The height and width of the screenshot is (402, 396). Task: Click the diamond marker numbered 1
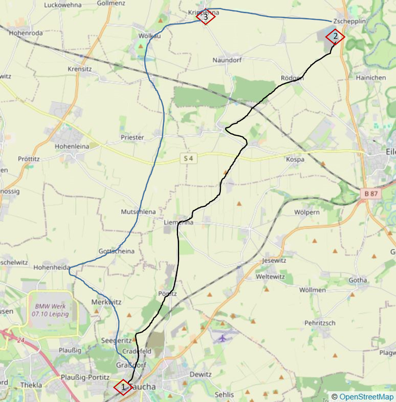point(123,387)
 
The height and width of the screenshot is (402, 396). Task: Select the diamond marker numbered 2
point(335,37)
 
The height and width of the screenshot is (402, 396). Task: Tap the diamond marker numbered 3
point(205,17)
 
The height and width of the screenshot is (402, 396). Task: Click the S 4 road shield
point(188,158)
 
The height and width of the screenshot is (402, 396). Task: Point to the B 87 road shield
point(371,193)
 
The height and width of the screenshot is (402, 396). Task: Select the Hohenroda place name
point(26,33)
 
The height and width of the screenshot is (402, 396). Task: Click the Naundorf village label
point(227,60)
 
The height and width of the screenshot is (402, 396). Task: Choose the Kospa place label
point(295,159)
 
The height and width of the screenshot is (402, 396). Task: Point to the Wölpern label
point(307,212)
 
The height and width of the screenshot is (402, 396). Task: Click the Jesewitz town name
point(274,261)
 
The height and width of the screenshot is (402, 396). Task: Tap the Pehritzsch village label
point(320,323)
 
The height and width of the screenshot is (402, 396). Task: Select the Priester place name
point(132,137)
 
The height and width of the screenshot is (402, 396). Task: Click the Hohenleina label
point(72,146)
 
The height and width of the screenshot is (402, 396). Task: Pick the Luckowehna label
point(63,5)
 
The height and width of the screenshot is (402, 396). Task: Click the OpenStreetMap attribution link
point(366,397)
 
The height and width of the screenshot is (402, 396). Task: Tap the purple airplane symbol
point(222,338)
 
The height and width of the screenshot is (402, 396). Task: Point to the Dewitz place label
point(200,375)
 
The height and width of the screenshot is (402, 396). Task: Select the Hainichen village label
point(371,77)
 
